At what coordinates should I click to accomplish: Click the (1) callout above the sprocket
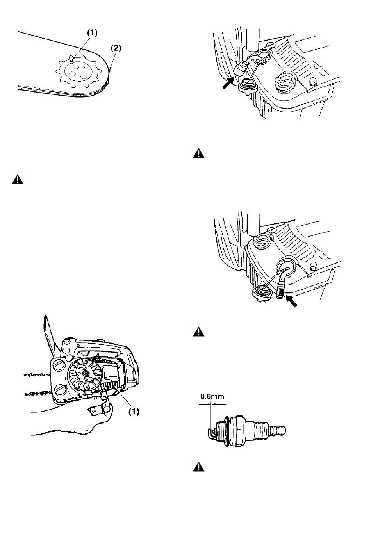[x=92, y=33]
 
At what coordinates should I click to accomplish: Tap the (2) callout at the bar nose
[x=116, y=48]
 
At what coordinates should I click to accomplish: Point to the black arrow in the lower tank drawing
[x=291, y=301]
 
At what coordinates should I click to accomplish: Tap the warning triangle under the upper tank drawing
[x=199, y=153]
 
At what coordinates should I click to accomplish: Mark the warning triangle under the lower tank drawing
[x=199, y=332]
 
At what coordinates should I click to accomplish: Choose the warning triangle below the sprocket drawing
[x=18, y=180]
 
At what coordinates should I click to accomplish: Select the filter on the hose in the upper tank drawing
[x=241, y=69]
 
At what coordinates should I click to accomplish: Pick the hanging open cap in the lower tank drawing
[x=262, y=292]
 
